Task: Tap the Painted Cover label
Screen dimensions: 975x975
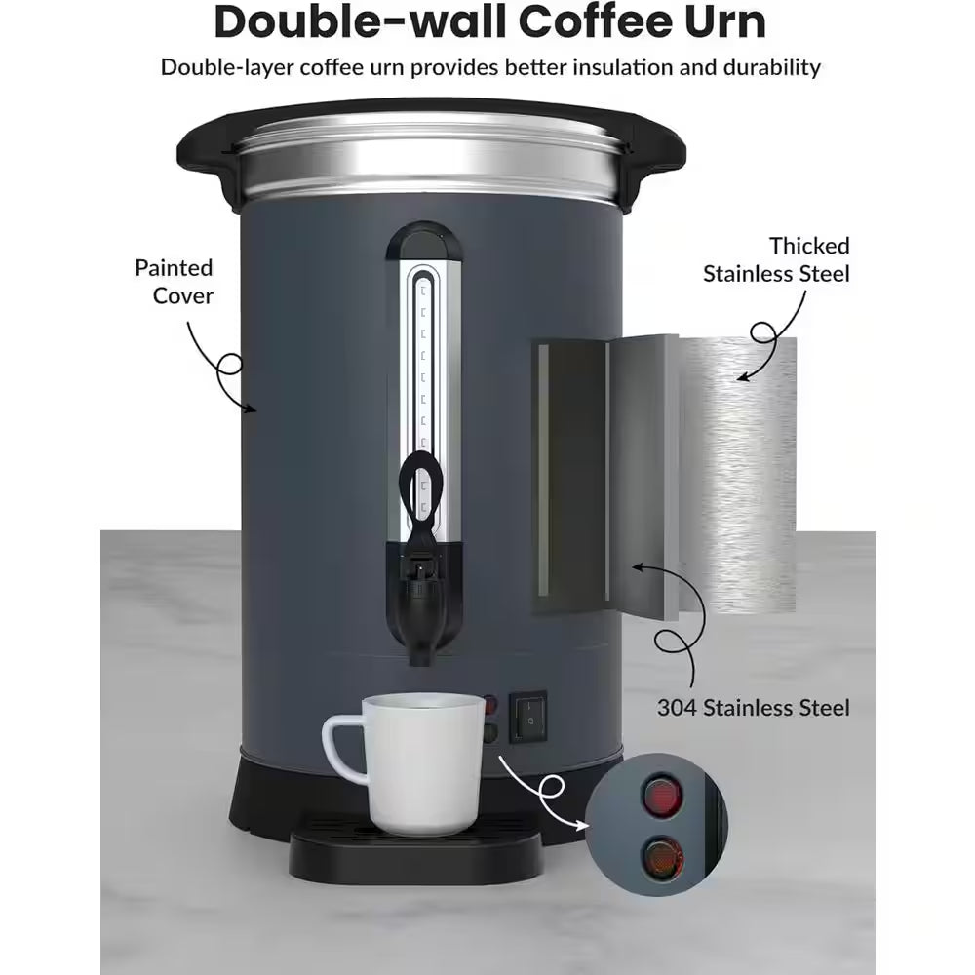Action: (x=174, y=281)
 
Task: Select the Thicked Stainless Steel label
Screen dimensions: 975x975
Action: (x=776, y=259)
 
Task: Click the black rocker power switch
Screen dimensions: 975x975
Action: (x=527, y=717)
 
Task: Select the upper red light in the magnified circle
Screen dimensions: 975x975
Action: (x=663, y=796)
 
